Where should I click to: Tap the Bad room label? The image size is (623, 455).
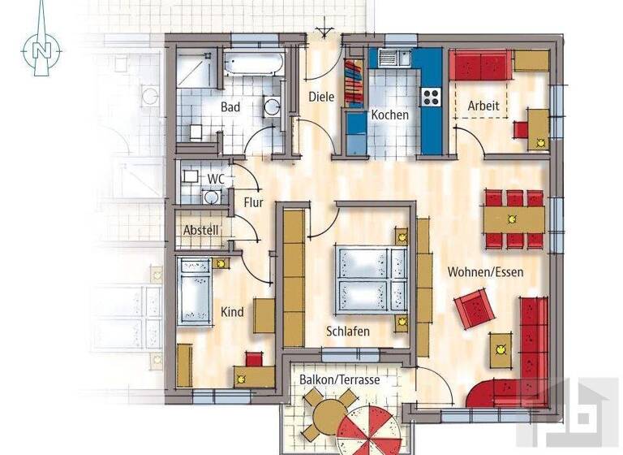point(231,106)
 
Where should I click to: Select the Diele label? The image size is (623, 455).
point(321,97)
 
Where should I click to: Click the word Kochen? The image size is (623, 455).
point(389,115)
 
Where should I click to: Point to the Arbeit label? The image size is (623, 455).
point(483,106)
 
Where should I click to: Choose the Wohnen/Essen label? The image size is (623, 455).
point(485,272)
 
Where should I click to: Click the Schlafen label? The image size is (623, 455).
point(348,331)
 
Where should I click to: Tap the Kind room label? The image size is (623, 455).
point(232,312)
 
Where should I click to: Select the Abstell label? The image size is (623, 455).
point(200,230)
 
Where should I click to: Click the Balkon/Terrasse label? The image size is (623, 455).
point(339,379)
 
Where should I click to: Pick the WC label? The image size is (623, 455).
point(215,178)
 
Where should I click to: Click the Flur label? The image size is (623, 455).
point(254,201)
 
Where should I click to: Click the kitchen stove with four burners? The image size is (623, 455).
point(430,97)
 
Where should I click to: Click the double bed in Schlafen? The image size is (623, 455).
point(371,278)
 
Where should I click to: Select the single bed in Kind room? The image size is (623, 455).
point(195,290)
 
